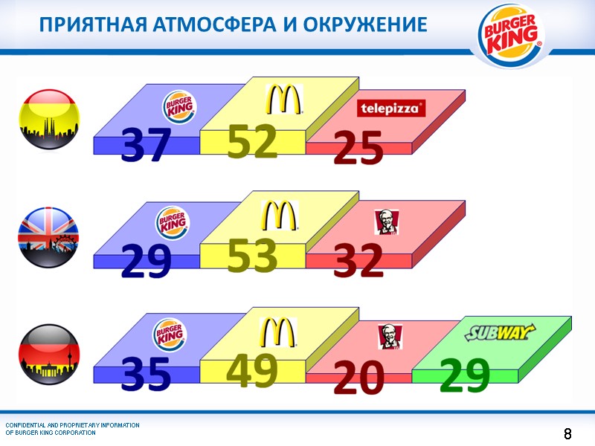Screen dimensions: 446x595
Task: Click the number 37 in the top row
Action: point(146,146)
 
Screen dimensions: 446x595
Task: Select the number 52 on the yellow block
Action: point(252,141)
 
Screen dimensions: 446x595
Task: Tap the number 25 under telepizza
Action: point(358,149)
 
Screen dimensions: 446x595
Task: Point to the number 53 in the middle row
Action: point(252,256)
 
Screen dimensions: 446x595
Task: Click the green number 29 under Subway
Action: point(464,374)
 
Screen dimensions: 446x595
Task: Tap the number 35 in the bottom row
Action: point(146,375)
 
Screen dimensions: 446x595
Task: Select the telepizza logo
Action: point(391,109)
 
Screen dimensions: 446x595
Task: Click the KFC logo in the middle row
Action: point(387,221)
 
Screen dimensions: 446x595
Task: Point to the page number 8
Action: point(567,433)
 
